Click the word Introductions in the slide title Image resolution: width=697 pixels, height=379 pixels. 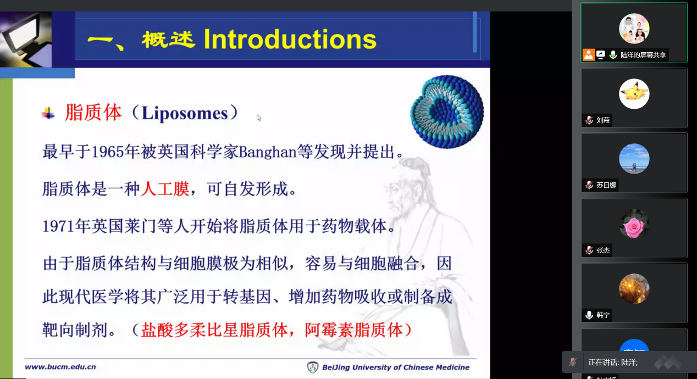coord(290,40)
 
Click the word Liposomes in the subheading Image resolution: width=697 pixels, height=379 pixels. coord(185,113)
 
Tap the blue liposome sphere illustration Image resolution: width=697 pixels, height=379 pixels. coord(447,112)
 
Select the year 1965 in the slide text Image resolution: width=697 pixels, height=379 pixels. coord(108,152)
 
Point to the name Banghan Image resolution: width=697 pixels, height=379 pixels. coord(268,152)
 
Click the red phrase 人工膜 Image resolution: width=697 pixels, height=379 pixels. coord(165,189)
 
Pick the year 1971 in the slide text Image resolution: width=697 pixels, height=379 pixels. coord(58,226)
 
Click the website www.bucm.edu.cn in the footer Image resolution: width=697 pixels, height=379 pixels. coord(60,367)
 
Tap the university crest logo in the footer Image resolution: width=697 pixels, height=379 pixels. coord(313,367)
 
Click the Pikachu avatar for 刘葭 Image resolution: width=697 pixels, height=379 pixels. coord(634,94)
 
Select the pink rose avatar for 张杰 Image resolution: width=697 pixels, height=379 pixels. coord(634,224)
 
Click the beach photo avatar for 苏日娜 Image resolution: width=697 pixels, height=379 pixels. coord(634,159)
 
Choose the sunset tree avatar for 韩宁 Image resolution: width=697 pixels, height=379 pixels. coord(634,288)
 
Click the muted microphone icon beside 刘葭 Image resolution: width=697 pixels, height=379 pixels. coord(589,120)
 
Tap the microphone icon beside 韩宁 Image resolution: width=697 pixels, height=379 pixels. coord(589,315)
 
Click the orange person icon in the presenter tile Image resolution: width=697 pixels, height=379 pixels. coord(588,55)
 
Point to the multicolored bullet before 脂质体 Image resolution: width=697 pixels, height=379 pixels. coord(48,114)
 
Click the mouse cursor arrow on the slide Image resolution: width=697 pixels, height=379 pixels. coord(258,118)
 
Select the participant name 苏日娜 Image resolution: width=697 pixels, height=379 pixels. coord(606,185)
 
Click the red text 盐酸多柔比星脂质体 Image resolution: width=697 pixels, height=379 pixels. coord(214,330)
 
